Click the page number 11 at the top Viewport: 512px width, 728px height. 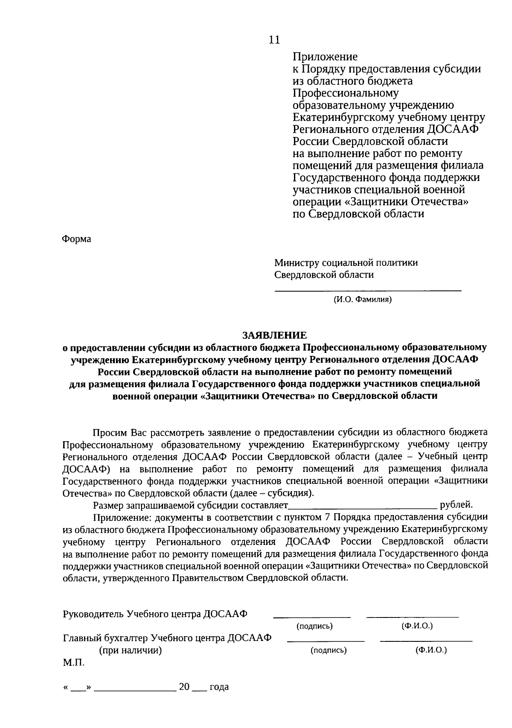[x=274, y=40]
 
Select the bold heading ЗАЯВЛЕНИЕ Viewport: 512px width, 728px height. [x=274, y=335]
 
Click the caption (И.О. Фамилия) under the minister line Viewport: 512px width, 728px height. [x=362, y=300]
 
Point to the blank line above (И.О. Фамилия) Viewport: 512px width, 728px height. [x=367, y=291]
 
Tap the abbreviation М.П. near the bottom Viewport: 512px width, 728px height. [x=74, y=663]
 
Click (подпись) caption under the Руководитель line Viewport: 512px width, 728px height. [x=314, y=626]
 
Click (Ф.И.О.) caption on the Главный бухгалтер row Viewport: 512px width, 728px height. [x=431, y=650]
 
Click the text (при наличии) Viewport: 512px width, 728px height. [x=131, y=651]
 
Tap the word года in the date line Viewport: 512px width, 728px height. [x=219, y=687]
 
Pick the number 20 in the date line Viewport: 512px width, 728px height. [x=184, y=687]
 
